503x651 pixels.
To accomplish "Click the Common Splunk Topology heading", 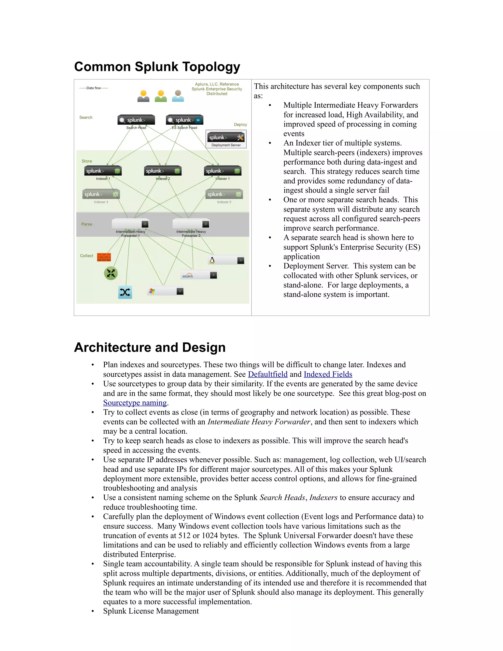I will click(157, 67).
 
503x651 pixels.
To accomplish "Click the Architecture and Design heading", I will click(150, 347).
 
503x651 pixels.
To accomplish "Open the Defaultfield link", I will click(268, 374).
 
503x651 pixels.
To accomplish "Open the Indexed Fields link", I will click(328, 374).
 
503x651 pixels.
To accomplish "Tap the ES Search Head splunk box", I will click(184, 120).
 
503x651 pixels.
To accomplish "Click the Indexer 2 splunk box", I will click(163, 171).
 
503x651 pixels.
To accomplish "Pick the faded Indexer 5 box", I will click(224, 194).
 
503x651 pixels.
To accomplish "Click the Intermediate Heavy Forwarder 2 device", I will click(191, 224).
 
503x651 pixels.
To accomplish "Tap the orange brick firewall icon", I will click(104, 257).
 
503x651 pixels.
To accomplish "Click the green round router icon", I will click(111, 273).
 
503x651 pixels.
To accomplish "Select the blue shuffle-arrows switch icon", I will click(125, 292).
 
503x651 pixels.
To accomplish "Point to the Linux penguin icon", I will click(212, 260).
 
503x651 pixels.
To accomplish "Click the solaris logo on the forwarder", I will click(188, 275).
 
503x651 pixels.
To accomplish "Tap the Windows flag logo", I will click(152, 291).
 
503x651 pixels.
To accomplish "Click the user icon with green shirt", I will click(161, 96).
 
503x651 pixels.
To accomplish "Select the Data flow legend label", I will click(94, 88).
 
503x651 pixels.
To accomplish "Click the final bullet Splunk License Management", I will click(151, 611).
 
